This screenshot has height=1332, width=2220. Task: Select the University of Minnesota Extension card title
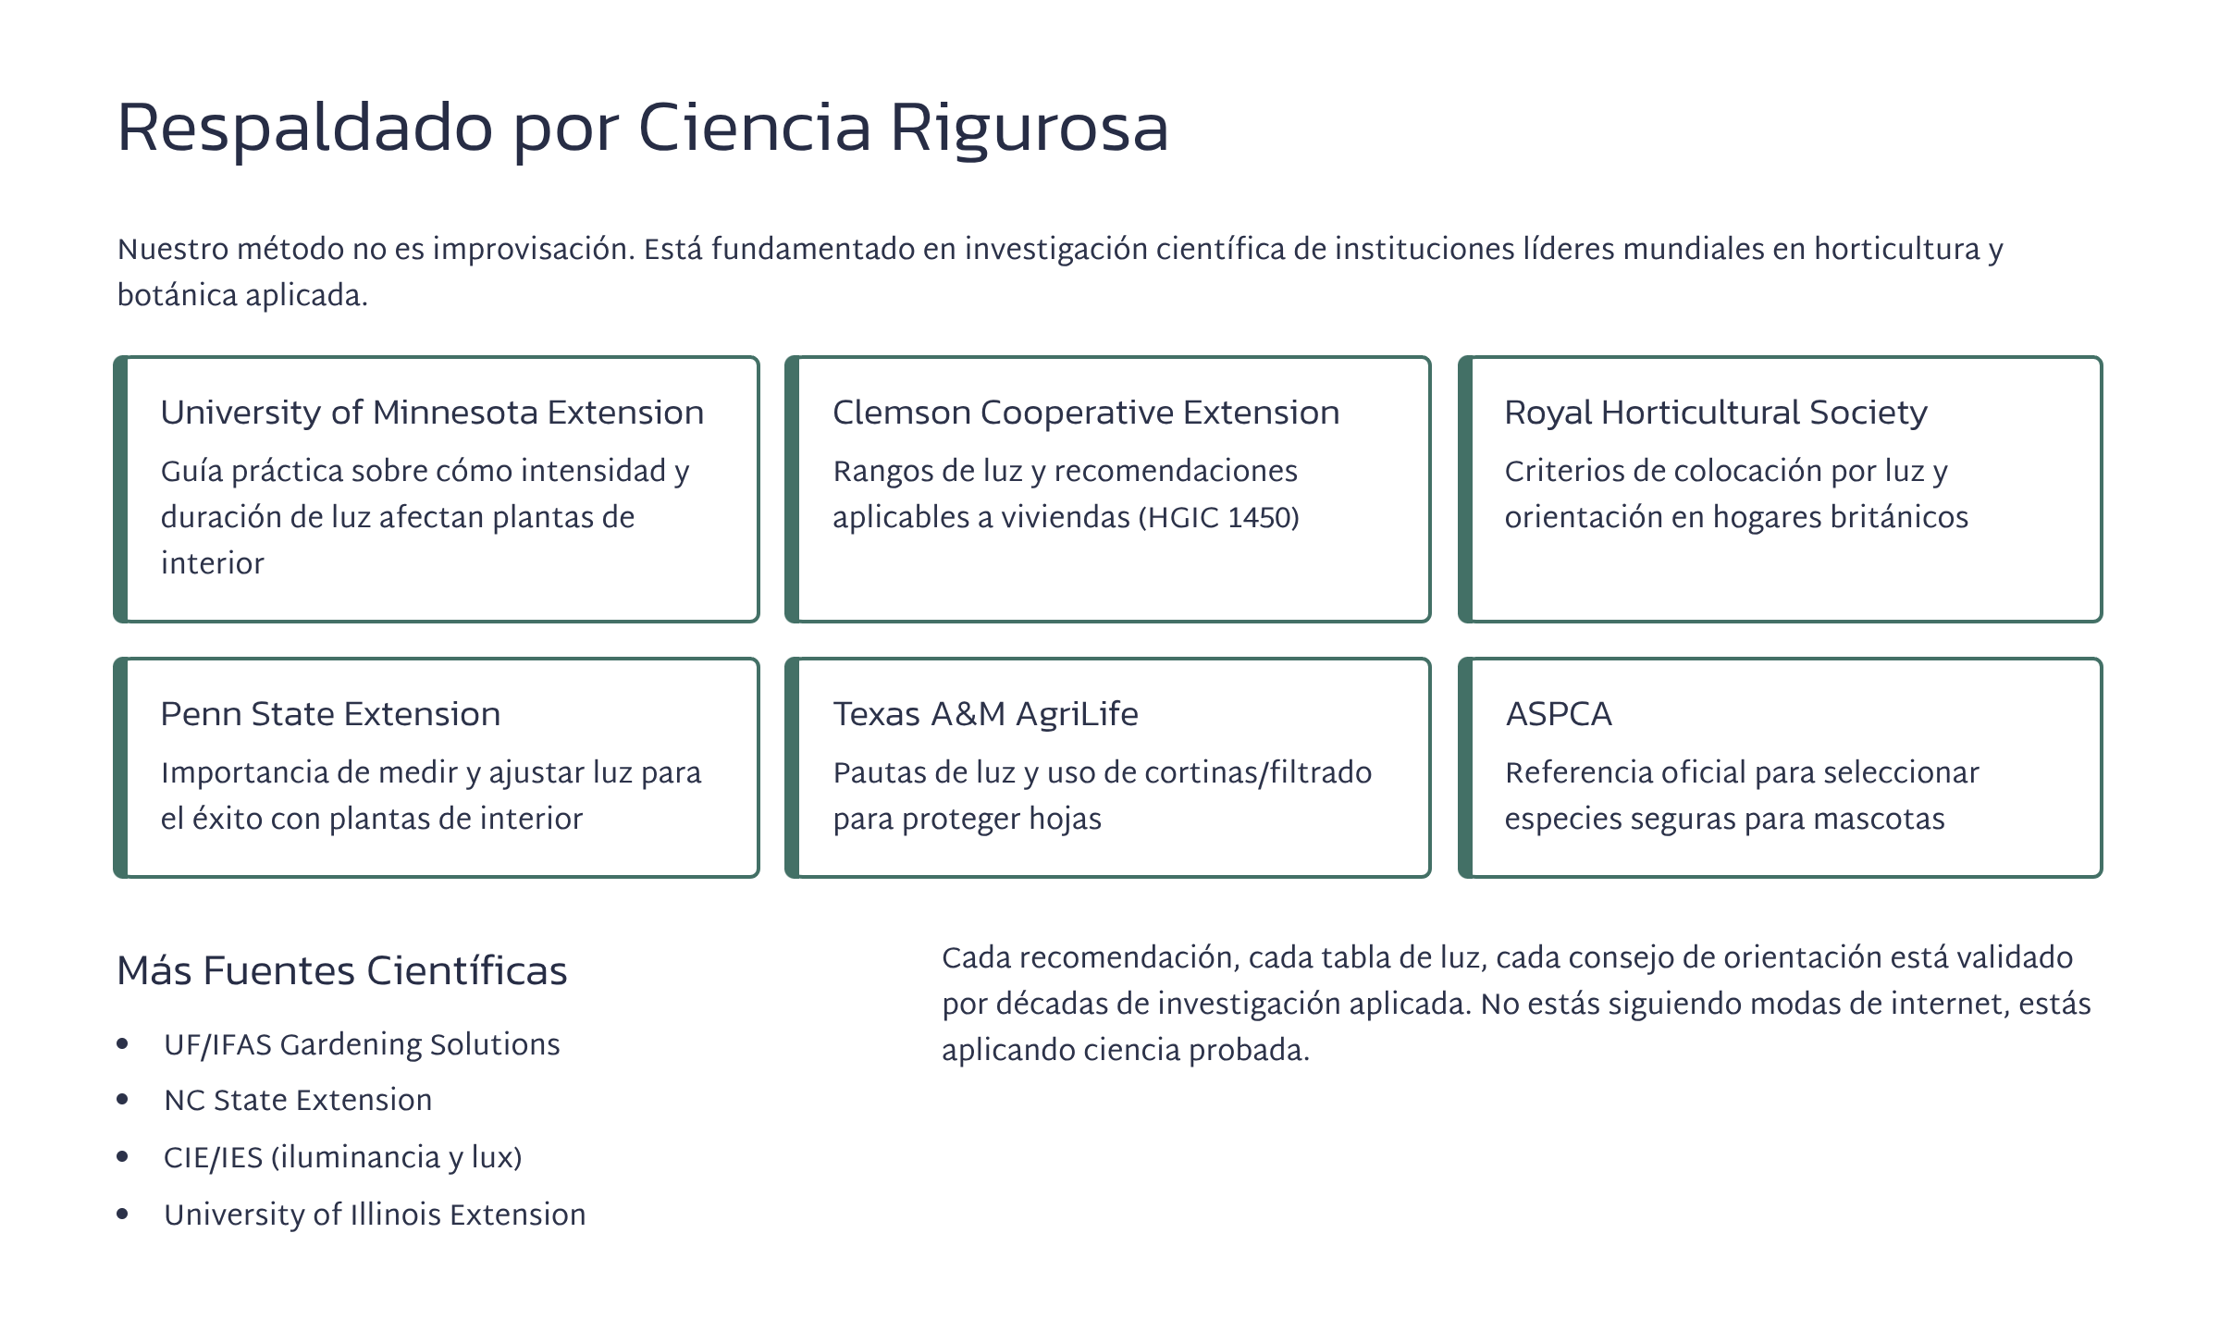click(x=432, y=413)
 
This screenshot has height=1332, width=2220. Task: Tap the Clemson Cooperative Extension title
click(x=1086, y=413)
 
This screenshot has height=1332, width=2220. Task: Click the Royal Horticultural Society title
click(x=1716, y=413)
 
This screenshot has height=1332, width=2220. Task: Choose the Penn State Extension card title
click(x=330, y=714)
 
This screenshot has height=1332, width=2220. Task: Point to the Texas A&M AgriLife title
click(x=985, y=714)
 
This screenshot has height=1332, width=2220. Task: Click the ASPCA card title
click(x=1559, y=714)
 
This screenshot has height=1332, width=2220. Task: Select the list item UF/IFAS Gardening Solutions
click(x=362, y=1044)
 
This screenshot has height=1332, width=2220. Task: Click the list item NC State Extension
click(x=298, y=1100)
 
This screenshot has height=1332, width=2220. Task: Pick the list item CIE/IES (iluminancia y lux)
click(x=343, y=1157)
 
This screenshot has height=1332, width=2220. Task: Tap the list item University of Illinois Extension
click(x=375, y=1215)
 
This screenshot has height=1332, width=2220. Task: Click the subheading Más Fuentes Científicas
click(x=342, y=971)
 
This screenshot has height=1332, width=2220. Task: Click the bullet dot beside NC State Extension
click(x=123, y=1100)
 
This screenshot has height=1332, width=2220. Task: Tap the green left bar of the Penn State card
click(x=120, y=768)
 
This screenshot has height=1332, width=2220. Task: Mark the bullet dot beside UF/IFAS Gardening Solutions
click(x=123, y=1044)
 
